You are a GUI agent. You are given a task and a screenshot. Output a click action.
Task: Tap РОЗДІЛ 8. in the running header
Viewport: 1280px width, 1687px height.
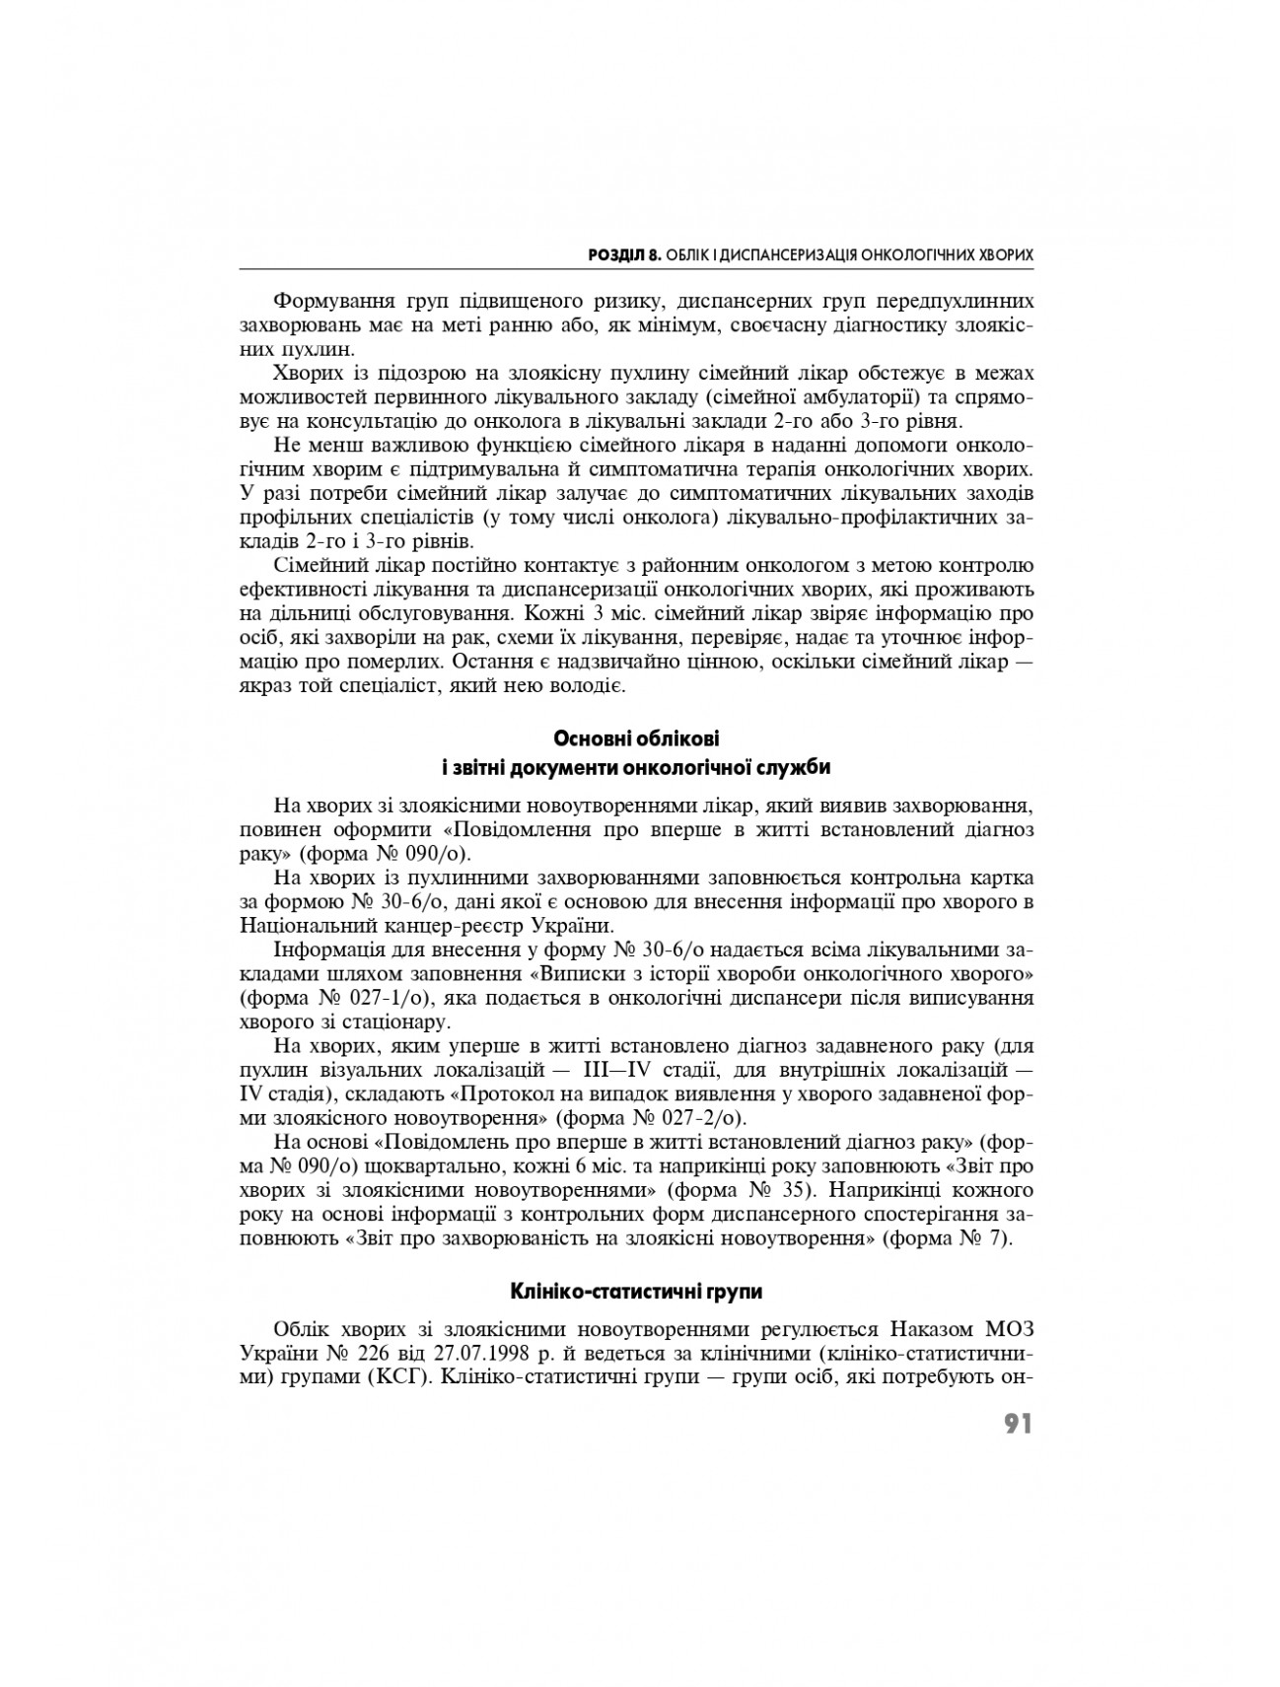pyautogui.click(x=623, y=255)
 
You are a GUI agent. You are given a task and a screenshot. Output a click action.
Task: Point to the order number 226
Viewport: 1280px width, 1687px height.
pyautogui.click(x=361, y=1348)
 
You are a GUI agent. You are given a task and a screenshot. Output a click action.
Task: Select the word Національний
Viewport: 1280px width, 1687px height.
pyautogui.click(x=302, y=926)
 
